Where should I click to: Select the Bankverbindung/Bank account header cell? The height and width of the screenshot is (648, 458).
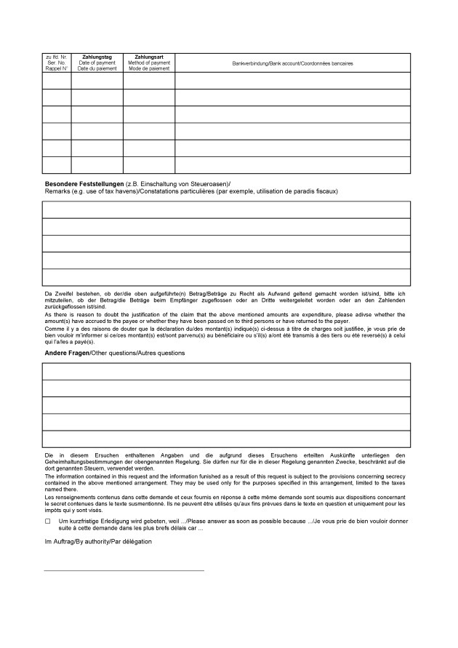[x=292, y=63]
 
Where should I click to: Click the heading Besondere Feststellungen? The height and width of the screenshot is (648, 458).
[x=84, y=183]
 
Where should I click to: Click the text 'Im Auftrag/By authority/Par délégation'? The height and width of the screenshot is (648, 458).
[x=98, y=542]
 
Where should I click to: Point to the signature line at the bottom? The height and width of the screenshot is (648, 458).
[x=124, y=571]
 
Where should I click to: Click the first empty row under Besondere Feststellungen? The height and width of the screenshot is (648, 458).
[x=227, y=209]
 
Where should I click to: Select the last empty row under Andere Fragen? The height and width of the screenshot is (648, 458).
[x=227, y=439]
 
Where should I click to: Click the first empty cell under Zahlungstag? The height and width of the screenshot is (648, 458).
[x=97, y=80]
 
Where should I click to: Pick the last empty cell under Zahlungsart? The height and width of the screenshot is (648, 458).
[x=148, y=165]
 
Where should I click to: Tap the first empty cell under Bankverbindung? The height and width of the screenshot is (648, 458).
[x=292, y=80]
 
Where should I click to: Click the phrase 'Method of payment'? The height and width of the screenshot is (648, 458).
[x=148, y=63]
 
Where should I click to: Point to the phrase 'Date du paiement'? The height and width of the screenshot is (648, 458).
[x=97, y=68]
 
